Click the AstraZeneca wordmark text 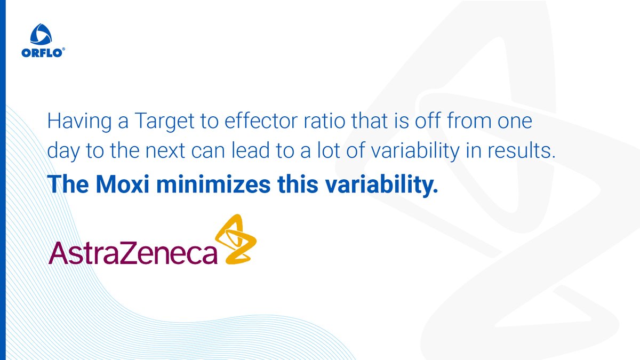click(x=133, y=253)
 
